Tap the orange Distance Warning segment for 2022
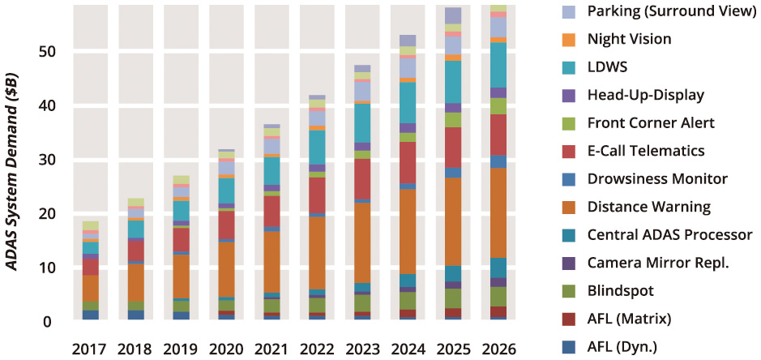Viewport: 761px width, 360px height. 316,252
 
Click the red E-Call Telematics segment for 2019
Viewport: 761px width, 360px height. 181,240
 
